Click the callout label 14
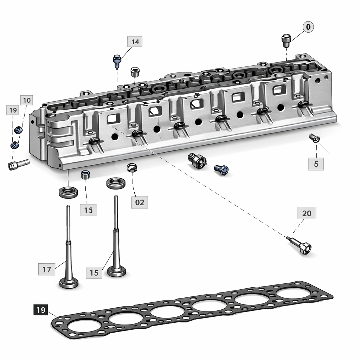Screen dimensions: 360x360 135,42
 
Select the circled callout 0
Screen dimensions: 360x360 308,27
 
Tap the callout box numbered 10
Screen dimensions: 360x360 27,100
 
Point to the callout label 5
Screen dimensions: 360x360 316,164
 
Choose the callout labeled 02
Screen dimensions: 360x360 140,202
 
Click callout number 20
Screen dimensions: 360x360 307,213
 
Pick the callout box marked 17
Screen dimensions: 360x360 47,269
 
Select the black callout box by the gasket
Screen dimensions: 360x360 41,310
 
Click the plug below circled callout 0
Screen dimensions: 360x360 286,41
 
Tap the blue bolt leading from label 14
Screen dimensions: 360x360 117,61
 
